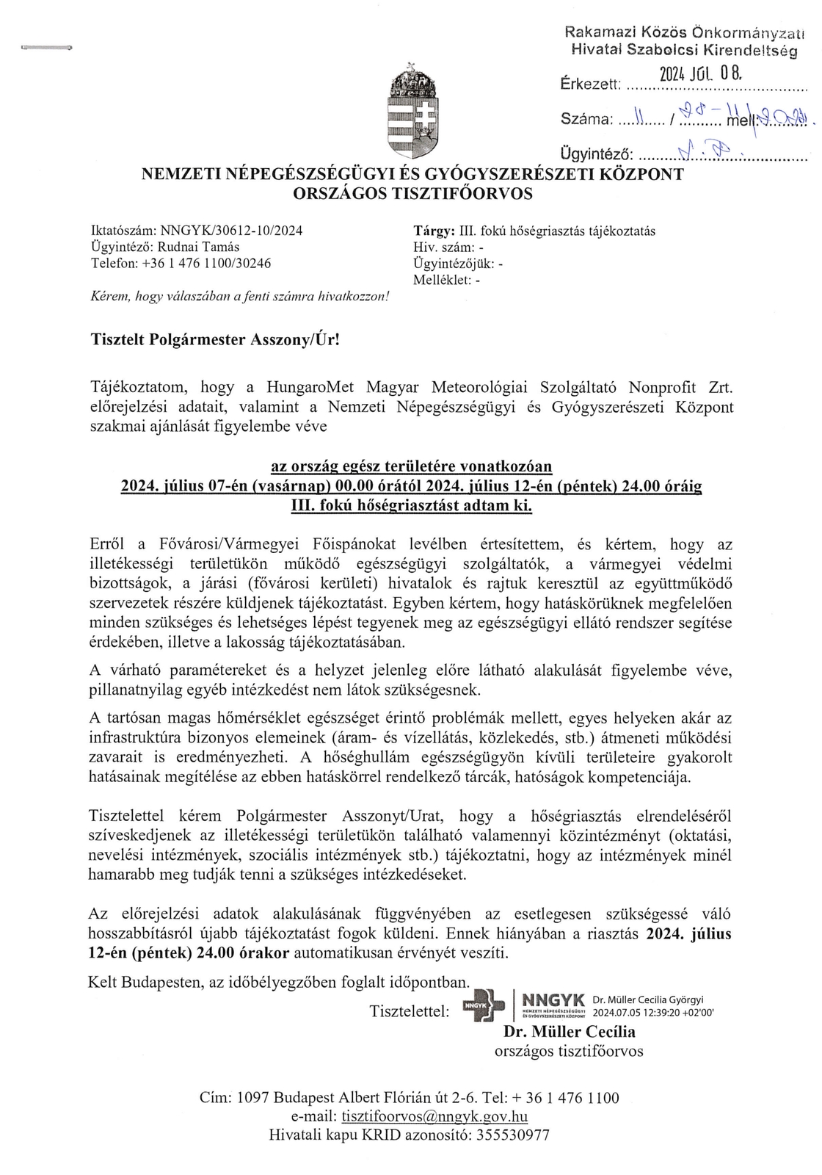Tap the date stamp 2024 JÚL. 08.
[701, 74]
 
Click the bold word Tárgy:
[434, 231]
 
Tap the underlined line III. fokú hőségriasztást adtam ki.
[411, 505]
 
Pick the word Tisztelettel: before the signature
[410, 1011]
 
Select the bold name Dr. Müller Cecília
[569, 1032]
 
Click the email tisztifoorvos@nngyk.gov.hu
[434, 1116]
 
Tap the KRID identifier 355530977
[512, 1135]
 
